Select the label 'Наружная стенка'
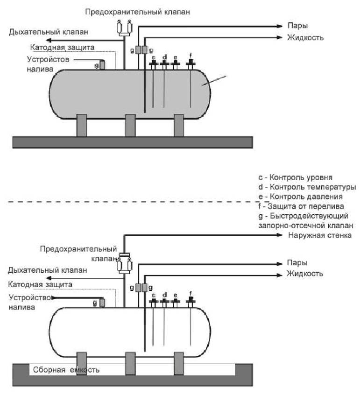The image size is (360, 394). [320, 235]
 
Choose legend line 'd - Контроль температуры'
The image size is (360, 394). [306, 187]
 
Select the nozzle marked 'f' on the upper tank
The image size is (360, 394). [190, 63]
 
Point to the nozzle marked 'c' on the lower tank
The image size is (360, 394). [153, 301]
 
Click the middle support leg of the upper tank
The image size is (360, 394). [130, 125]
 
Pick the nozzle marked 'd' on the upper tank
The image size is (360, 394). [164, 64]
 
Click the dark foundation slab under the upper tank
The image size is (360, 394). [132, 142]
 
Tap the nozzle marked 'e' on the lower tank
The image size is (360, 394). [175, 301]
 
